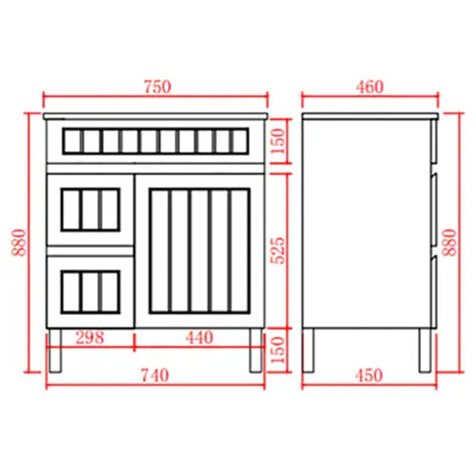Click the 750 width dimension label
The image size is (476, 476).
[158, 87]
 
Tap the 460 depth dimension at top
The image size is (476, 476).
[369, 87]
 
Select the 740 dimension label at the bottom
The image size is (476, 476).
[155, 375]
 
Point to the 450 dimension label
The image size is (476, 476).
[369, 375]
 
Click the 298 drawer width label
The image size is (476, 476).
[89, 337]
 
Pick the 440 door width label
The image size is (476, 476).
[199, 337]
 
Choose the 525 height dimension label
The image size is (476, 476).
[278, 250]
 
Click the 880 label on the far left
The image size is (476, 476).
[19, 243]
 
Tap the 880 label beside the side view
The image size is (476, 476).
[449, 243]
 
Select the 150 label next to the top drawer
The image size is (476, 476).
[278, 141]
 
